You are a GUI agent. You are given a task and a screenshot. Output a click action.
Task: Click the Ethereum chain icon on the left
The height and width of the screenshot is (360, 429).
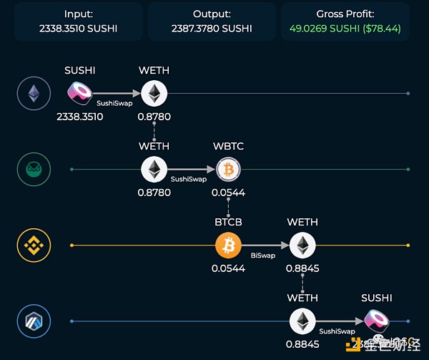coord(34,93)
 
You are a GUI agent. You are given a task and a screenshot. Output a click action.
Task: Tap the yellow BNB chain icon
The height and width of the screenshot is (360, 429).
coord(34,245)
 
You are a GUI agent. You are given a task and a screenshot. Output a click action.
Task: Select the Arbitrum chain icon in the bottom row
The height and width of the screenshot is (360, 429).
coord(34,320)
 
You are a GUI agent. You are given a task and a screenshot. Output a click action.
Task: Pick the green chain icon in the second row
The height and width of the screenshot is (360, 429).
coord(34,169)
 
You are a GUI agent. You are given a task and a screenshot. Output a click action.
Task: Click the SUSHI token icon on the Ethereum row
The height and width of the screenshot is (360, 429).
coord(79,93)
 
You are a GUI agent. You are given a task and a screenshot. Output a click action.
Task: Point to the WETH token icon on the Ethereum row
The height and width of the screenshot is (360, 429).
coord(153,93)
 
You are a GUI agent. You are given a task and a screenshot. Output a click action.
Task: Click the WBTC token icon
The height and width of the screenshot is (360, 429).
coord(228,169)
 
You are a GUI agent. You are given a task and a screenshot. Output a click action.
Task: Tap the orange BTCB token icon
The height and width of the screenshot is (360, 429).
coord(228,245)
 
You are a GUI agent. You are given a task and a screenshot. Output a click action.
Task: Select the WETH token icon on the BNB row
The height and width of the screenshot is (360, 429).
coord(302,245)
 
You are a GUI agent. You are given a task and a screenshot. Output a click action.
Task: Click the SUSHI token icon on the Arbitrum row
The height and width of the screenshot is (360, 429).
coord(376,320)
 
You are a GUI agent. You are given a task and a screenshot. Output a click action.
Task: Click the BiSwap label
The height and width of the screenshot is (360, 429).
coord(263,255)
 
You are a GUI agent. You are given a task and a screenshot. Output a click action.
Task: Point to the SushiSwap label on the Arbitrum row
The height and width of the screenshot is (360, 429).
coord(337,331)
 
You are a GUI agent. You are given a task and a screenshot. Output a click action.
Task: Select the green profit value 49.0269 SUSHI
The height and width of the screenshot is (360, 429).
coord(325,29)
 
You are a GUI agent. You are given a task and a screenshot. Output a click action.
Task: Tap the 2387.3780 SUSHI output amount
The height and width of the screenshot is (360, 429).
coord(211,29)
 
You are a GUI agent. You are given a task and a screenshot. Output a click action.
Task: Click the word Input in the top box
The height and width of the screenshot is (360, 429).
coord(79,14)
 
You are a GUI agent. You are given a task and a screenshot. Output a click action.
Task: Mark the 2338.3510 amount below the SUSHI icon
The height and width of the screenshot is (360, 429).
coord(79,117)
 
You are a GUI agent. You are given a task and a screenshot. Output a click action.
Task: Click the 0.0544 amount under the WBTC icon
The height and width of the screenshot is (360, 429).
coord(228,193)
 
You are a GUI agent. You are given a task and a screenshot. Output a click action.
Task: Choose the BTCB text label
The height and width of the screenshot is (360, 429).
coord(228,222)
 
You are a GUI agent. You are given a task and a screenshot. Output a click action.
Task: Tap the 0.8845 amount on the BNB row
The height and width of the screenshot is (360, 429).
coord(302,269)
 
